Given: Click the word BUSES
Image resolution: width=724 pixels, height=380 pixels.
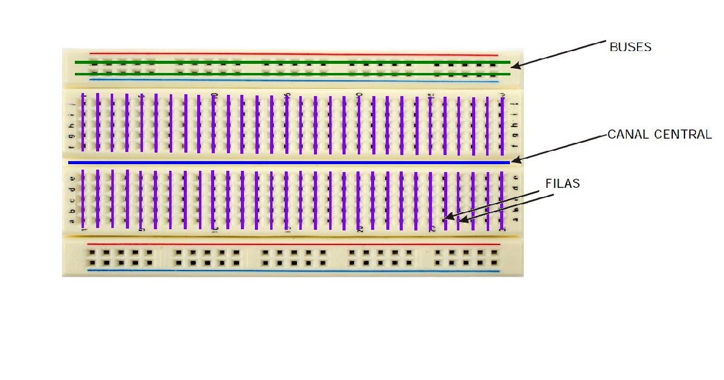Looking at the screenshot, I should tap(630, 47).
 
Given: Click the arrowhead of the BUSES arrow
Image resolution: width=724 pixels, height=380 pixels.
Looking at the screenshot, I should tap(515, 64).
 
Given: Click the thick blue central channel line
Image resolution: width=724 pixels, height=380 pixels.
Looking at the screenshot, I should tap(289, 163).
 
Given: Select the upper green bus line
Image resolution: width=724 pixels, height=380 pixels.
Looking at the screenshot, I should tap(292, 62).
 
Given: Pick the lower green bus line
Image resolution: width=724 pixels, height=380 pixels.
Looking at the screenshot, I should tap(292, 74).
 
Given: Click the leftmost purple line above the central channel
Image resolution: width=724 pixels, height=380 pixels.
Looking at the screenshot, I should tap(83, 122).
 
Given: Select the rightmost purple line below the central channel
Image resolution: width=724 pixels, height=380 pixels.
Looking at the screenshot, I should tap(502, 201).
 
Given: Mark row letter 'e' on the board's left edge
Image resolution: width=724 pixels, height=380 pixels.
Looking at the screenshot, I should tap(73, 178).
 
